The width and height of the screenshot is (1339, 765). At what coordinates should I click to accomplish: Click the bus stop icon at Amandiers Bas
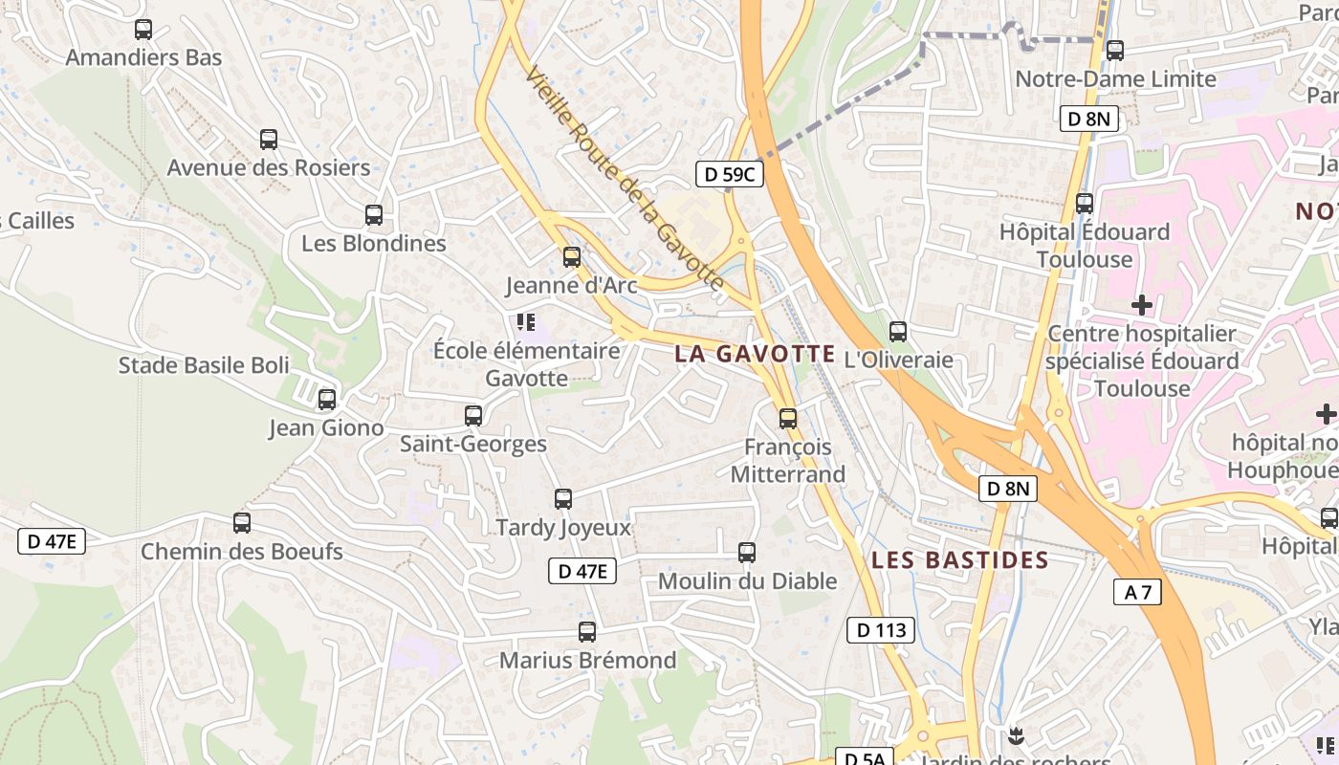tap(143, 30)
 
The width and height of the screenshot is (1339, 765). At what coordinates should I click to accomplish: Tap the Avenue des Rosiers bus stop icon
tap(269, 140)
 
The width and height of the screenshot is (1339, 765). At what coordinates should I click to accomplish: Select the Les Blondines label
tap(374, 243)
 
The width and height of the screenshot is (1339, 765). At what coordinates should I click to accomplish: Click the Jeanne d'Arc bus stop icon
tap(572, 257)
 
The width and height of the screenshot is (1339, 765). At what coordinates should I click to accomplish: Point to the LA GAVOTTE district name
tap(755, 354)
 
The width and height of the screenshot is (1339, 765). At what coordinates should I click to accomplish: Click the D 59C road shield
tap(729, 174)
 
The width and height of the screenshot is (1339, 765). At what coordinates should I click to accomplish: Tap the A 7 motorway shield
tap(1137, 592)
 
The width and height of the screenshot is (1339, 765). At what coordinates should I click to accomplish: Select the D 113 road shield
tap(881, 630)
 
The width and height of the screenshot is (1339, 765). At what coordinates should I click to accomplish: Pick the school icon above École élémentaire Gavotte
tap(525, 322)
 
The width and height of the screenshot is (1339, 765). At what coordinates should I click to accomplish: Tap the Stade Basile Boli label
tap(204, 365)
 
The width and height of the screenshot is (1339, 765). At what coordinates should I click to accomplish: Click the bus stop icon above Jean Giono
tap(327, 400)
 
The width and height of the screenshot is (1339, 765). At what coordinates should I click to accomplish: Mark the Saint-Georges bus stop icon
tap(473, 416)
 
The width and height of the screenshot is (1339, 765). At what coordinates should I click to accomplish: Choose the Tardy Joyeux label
tap(563, 527)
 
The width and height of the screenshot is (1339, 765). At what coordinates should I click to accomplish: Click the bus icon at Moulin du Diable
tap(747, 553)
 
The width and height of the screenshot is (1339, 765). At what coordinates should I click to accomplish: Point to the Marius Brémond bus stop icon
tap(587, 632)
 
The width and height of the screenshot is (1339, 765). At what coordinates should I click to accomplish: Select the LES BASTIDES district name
tap(960, 560)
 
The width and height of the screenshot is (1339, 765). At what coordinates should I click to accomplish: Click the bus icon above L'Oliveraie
tap(898, 332)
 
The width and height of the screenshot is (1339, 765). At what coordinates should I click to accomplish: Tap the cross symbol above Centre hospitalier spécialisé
tap(1141, 306)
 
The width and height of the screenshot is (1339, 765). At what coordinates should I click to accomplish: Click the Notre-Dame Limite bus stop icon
tap(1114, 51)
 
